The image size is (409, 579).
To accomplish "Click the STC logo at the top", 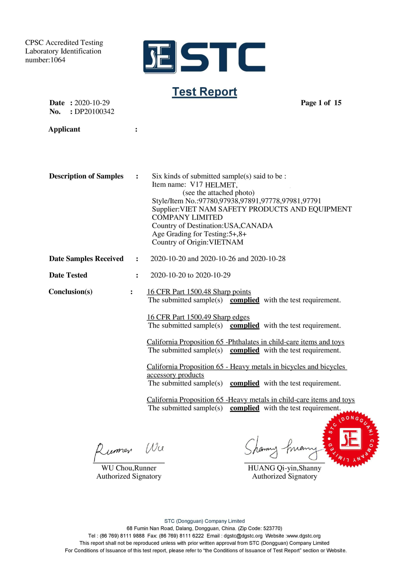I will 204,57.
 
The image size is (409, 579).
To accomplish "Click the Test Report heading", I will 204,92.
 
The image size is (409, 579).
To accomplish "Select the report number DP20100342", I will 94,111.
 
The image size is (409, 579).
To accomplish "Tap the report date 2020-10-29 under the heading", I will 92,103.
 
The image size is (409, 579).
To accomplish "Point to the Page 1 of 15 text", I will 321,103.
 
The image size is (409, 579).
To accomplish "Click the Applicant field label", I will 64,129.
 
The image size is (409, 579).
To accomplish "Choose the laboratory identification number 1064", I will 58,60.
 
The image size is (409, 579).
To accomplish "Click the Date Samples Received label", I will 86,259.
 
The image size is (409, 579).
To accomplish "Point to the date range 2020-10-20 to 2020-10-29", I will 190,275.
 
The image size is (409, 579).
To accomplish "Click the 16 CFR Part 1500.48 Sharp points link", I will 199,292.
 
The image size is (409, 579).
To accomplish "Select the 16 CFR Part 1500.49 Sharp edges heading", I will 198,317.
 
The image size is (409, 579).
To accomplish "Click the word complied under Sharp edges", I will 245,326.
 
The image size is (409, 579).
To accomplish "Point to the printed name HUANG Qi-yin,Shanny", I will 284,468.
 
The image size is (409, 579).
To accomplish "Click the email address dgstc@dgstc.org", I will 243,536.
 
